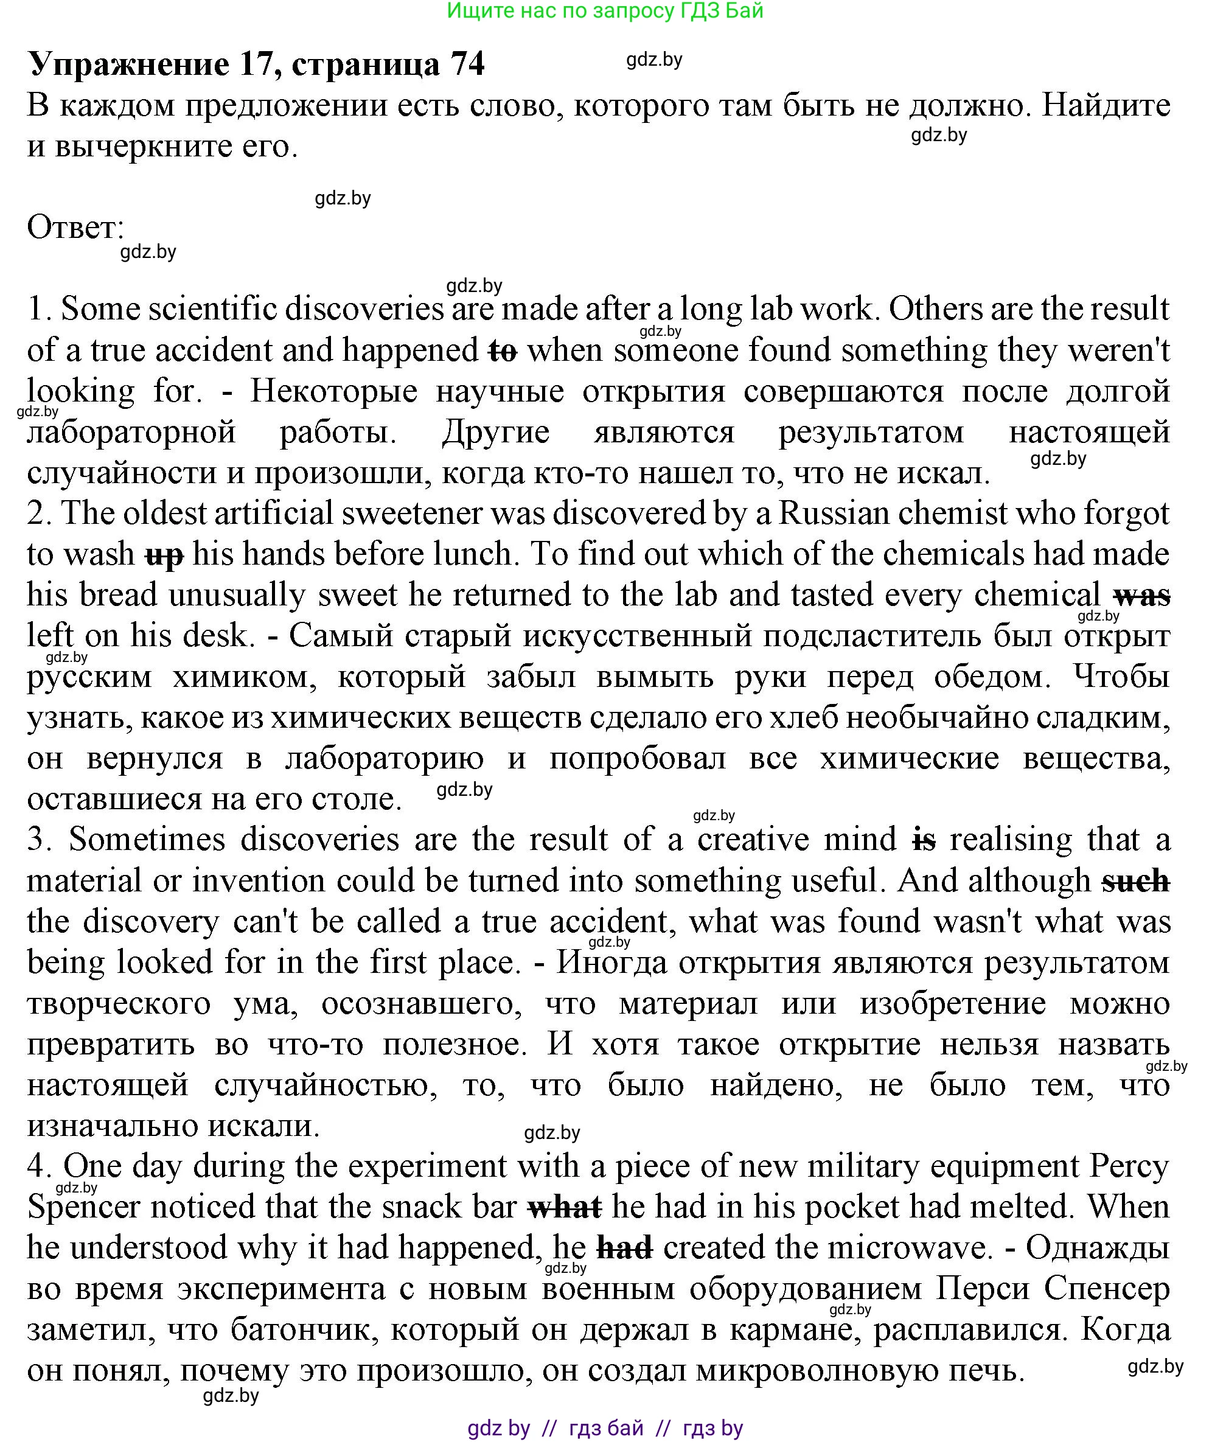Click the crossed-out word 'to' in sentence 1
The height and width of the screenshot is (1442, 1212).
point(502,352)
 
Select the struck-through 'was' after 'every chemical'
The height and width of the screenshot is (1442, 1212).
point(1142,596)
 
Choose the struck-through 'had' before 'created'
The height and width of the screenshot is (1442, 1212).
point(624,1249)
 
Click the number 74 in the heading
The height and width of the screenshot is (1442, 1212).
point(467,64)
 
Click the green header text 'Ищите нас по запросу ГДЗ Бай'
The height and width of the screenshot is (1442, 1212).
point(605,11)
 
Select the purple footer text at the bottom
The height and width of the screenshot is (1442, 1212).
point(605,1428)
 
